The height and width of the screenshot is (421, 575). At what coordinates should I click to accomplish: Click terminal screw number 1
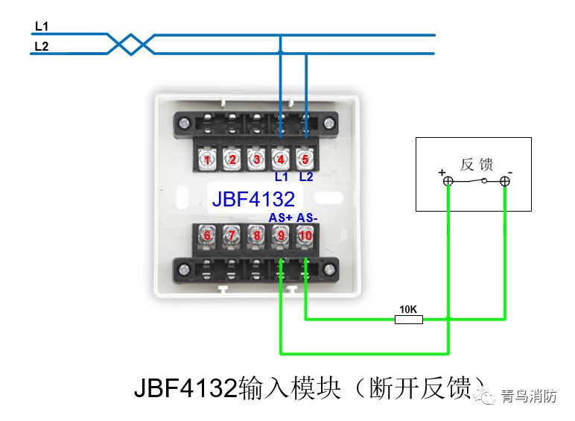(207, 159)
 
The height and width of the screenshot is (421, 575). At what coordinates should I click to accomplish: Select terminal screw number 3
(256, 159)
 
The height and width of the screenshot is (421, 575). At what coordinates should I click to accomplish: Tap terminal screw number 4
(281, 159)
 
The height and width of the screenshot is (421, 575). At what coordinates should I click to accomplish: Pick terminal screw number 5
(305, 159)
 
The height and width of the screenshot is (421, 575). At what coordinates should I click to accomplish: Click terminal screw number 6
(207, 235)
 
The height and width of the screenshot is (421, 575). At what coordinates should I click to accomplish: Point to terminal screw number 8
(257, 235)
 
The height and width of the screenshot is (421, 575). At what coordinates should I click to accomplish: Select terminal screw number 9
(281, 235)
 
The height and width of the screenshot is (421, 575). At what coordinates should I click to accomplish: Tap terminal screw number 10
(305, 235)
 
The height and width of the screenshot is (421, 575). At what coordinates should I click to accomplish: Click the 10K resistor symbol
(408, 320)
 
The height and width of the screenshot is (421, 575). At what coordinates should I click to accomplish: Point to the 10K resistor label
(408, 309)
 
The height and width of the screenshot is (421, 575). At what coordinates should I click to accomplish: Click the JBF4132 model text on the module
(253, 199)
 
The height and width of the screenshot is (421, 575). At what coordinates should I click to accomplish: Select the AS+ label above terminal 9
(281, 218)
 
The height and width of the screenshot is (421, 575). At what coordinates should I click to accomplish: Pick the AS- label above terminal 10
(307, 218)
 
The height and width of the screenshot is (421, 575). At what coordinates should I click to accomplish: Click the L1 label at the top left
(42, 26)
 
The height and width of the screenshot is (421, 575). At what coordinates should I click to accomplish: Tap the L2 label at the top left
(42, 46)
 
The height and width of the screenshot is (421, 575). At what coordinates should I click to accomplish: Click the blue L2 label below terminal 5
(306, 177)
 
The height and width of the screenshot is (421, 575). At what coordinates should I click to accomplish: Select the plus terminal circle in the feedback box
(448, 181)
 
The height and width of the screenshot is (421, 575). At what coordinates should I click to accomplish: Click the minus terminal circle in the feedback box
(505, 181)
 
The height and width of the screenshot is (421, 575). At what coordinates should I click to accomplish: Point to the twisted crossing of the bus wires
(131, 45)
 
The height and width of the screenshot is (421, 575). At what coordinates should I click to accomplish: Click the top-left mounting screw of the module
(185, 123)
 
